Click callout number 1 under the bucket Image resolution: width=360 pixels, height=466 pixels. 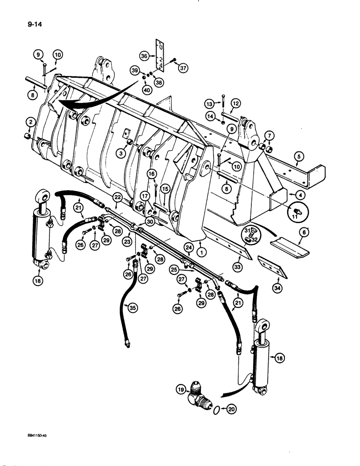200,243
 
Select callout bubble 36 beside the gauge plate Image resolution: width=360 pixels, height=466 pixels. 146,56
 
